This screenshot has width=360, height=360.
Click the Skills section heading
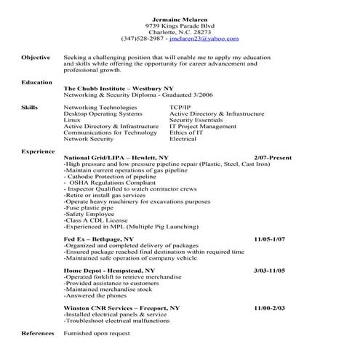[28, 107]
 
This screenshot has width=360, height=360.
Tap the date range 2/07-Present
[273, 157]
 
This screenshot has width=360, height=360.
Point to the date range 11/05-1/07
[270, 239]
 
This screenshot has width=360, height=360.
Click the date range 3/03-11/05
[269, 270]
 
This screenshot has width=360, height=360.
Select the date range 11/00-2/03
[269, 308]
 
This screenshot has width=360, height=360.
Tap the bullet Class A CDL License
[95, 220]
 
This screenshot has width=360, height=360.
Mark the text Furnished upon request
[96, 332]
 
